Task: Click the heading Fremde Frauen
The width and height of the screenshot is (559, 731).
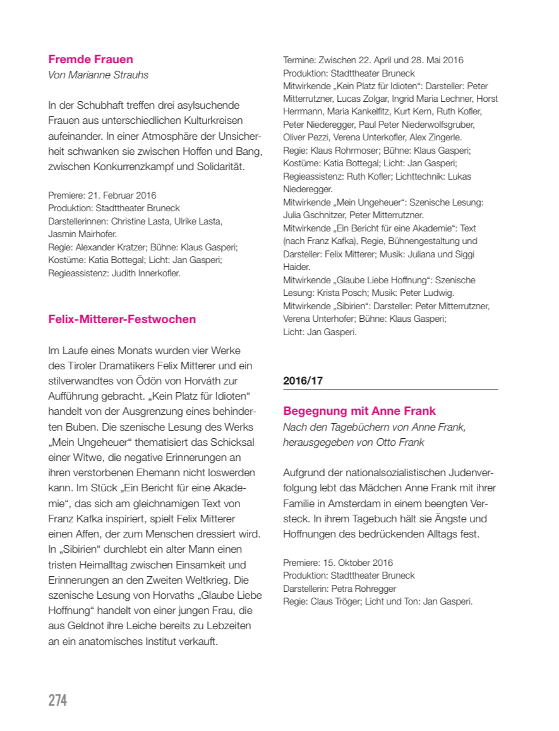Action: tap(90, 59)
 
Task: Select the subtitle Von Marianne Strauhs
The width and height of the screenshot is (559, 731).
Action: tap(98, 75)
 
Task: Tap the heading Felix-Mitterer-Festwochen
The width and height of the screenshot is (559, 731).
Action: tap(122, 319)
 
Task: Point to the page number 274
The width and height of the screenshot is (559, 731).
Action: tap(57, 700)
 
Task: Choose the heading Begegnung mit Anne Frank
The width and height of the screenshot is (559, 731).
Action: tap(359, 412)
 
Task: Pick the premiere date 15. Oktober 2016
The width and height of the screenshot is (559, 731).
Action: tap(357, 563)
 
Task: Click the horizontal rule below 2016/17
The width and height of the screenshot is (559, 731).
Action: tap(390, 390)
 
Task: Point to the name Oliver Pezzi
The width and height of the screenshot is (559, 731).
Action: tap(306, 137)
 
